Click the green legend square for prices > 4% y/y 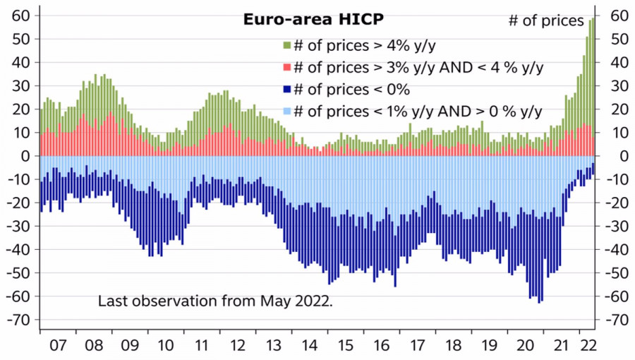click(286, 46)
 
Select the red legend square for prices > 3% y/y click(286, 68)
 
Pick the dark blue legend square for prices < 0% click(286, 90)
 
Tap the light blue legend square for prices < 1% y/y click(286, 112)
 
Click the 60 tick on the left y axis click(20, 16)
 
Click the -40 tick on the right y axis click(617, 249)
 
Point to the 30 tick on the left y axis click(20, 85)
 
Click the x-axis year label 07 click(58, 346)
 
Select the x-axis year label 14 click(309, 346)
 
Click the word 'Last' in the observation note click(112, 301)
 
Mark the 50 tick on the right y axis click(617, 39)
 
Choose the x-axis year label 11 click(201, 346)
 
